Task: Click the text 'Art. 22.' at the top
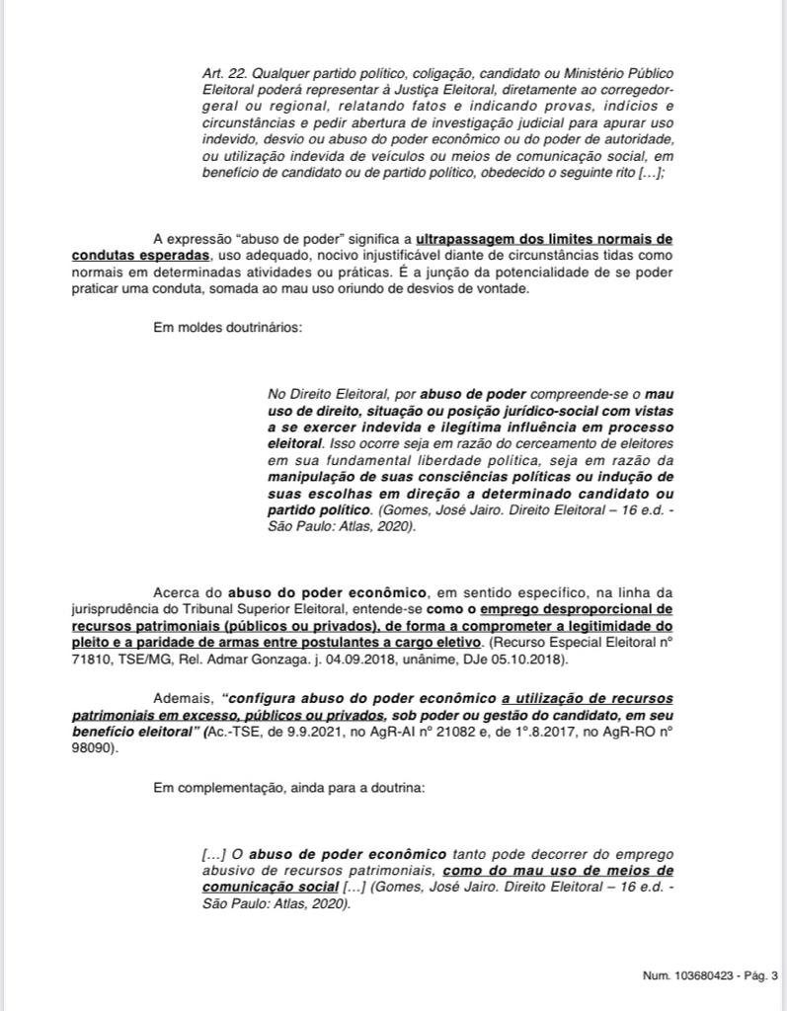tap(222, 73)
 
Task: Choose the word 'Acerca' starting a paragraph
tap(176, 592)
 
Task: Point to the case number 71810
tap(91, 659)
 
